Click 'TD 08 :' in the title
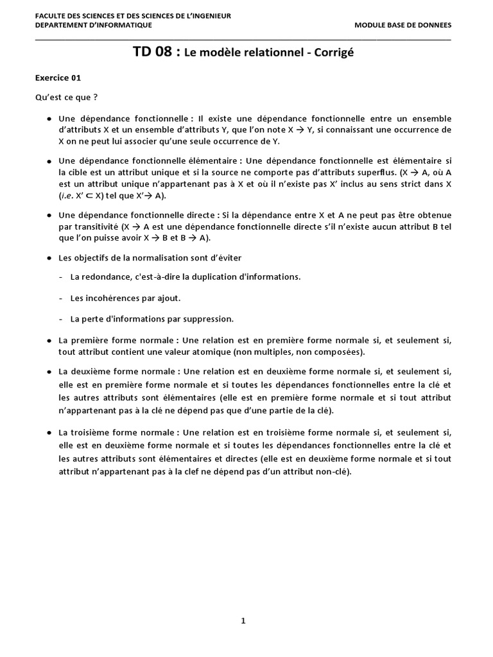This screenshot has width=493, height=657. point(156,53)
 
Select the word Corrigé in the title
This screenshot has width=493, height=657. point(333,53)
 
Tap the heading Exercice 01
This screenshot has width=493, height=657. point(58,78)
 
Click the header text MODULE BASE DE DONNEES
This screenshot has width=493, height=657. point(402,25)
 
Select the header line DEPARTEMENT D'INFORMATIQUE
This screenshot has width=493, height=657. point(93,25)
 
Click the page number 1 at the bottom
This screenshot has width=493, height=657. point(243,620)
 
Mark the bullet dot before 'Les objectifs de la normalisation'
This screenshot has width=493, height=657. point(49,258)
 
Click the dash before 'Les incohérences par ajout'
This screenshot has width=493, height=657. point(60,298)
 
